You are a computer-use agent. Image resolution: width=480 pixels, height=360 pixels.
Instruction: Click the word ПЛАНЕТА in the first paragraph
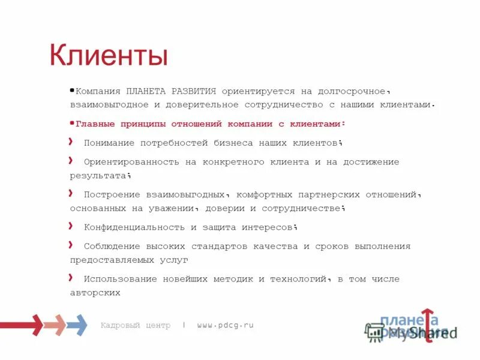pos(146,92)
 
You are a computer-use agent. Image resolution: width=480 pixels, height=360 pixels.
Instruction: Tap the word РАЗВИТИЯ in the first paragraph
pos(194,92)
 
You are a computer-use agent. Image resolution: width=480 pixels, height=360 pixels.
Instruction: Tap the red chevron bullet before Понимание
pos(71,142)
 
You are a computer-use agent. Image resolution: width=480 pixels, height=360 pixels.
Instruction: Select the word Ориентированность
pos(128,162)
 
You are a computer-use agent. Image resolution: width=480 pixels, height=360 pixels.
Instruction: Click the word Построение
pos(111,194)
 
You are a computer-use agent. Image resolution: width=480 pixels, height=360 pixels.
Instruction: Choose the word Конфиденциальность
pos(134,227)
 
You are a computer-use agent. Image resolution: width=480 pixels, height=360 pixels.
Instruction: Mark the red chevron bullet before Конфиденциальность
pos(71,226)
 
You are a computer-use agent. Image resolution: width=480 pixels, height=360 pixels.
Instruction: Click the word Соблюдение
pos(111,247)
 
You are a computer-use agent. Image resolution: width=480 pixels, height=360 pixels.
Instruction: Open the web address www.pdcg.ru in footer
pos(225,325)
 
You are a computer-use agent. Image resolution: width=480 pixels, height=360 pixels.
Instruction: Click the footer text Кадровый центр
pos(136,325)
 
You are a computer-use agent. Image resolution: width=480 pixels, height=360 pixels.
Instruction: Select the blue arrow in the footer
pos(77,325)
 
